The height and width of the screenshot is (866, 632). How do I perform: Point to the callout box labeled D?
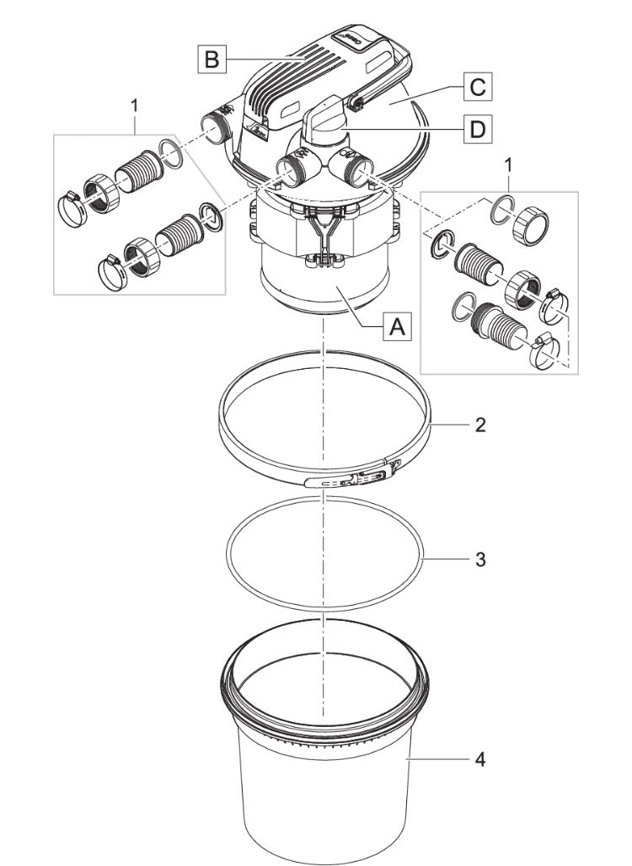[477, 129]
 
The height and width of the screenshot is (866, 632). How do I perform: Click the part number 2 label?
[479, 425]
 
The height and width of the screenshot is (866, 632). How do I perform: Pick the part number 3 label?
[479, 559]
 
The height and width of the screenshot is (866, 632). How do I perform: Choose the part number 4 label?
[479, 760]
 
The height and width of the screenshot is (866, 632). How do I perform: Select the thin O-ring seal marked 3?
[324, 590]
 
